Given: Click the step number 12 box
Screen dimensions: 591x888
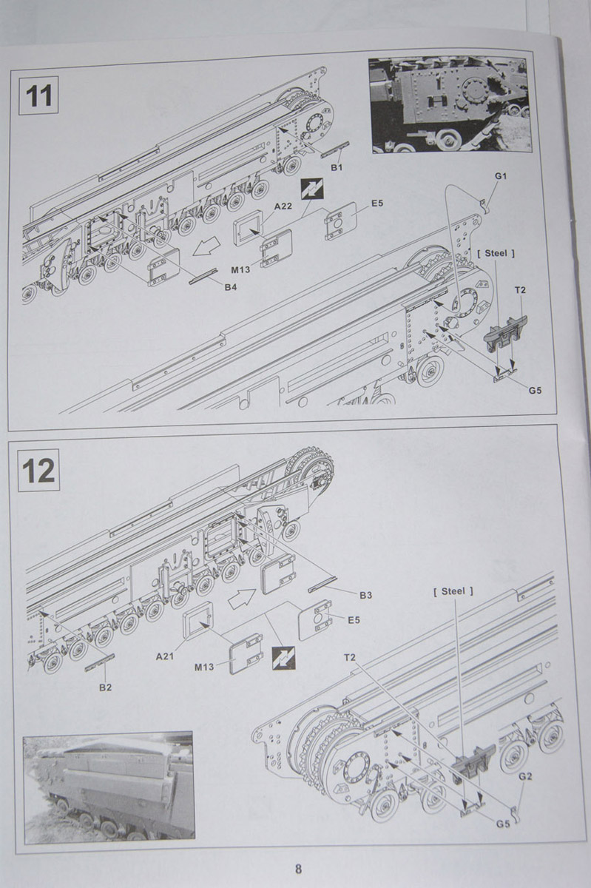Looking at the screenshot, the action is click(x=38, y=470).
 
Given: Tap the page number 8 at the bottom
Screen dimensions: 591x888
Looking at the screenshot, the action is click(x=298, y=869).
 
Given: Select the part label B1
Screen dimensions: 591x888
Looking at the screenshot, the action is click(x=337, y=169).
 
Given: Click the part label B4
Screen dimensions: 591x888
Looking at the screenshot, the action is click(x=231, y=286).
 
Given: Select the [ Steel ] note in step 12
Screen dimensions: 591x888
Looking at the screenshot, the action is click(x=453, y=591).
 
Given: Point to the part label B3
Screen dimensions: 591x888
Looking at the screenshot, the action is click(x=365, y=594).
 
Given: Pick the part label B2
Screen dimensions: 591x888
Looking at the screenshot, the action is click(x=105, y=687).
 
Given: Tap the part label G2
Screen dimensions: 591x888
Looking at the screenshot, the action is click(x=526, y=776).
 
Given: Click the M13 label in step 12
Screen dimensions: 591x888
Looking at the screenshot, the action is click(x=205, y=667).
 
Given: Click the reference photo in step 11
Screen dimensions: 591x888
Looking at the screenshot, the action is click(x=450, y=105).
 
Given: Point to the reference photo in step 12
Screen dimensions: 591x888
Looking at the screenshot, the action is click(x=109, y=786).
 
